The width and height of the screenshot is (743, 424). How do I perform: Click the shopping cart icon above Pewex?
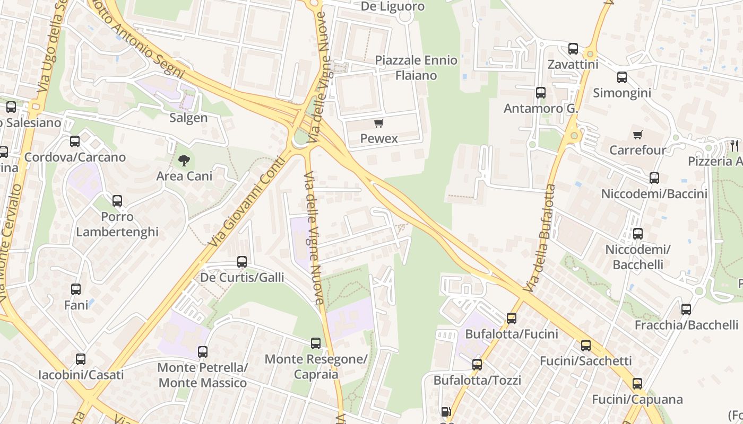(378, 123)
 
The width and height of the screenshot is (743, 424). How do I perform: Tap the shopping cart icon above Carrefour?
(637, 135)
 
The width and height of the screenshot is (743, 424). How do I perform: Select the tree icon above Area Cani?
(184, 160)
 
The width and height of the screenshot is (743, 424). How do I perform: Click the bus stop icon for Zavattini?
(573, 49)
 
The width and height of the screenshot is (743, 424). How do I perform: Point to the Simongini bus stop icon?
(622, 77)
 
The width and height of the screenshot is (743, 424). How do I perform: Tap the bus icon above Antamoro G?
(541, 93)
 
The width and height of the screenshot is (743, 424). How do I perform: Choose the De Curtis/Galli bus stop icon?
(242, 262)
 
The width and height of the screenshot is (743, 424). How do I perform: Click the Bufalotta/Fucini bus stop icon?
(512, 319)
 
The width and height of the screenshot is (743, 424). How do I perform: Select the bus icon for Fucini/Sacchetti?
(586, 346)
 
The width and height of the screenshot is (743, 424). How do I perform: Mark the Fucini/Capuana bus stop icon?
(637, 384)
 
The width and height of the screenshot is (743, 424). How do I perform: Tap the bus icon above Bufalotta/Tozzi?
(477, 365)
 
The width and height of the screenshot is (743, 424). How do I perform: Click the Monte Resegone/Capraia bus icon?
(316, 343)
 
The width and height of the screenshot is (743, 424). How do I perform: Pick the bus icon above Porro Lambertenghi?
(117, 201)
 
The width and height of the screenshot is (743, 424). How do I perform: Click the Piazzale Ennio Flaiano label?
(416, 67)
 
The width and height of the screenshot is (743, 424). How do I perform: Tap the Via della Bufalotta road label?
(539, 238)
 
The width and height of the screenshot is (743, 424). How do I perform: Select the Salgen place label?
(188, 118)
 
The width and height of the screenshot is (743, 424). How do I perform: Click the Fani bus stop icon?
(76, 289)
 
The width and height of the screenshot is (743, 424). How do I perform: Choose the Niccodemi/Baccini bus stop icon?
(654, 178)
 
